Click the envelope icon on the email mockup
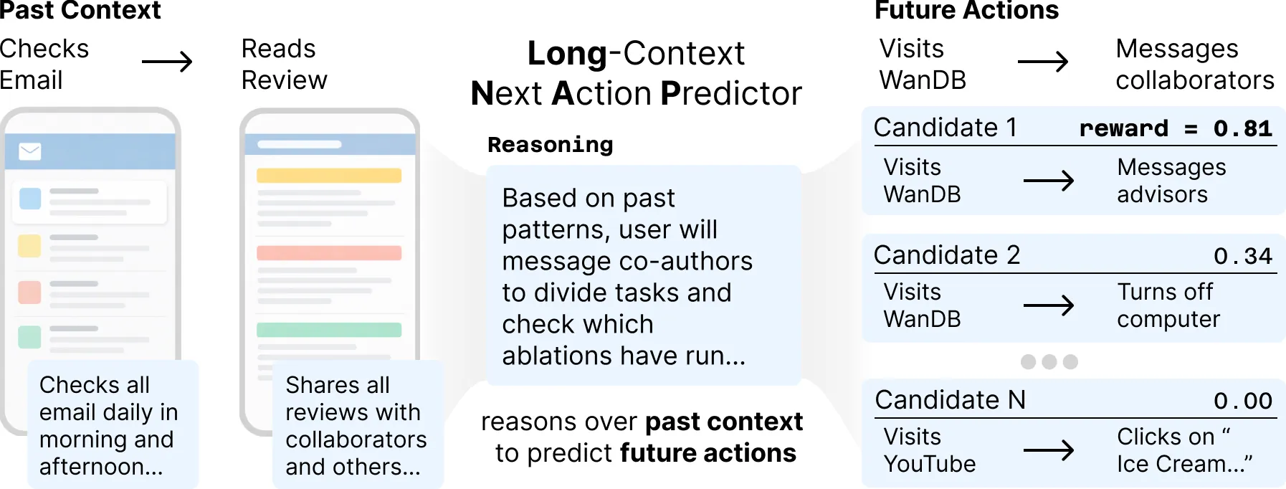coord(30,151)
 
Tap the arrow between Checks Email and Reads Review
coord(167,62)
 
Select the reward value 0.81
coord(1242,128)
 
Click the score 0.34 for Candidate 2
coord(1242,256)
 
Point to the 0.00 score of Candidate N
coord(1242,401)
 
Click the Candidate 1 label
coord(946,128)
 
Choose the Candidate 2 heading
coord(947,255)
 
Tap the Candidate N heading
coord(951,400)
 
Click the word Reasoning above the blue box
coord(551,145)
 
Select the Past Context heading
coord(80,10)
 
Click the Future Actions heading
coord(966,10)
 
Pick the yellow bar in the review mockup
coord(329,176)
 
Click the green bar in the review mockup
coord(329,330)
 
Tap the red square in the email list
coord(29,293)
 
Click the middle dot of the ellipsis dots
coord(1049,361)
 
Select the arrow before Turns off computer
coord(1049,306)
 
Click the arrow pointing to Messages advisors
coord(1049,181)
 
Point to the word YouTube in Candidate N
coord(930,465)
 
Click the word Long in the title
coord(567,54)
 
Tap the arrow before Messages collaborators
coord(1043,62)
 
